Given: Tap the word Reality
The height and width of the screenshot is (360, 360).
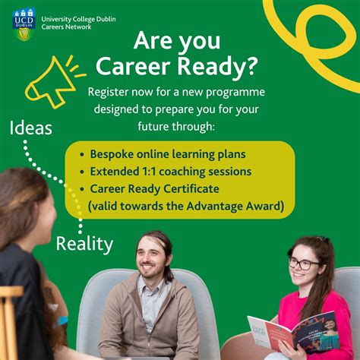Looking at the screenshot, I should point(84,244).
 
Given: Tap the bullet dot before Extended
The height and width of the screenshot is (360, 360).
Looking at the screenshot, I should point(81,172).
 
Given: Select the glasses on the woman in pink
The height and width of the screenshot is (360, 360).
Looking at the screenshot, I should point(304,264).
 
